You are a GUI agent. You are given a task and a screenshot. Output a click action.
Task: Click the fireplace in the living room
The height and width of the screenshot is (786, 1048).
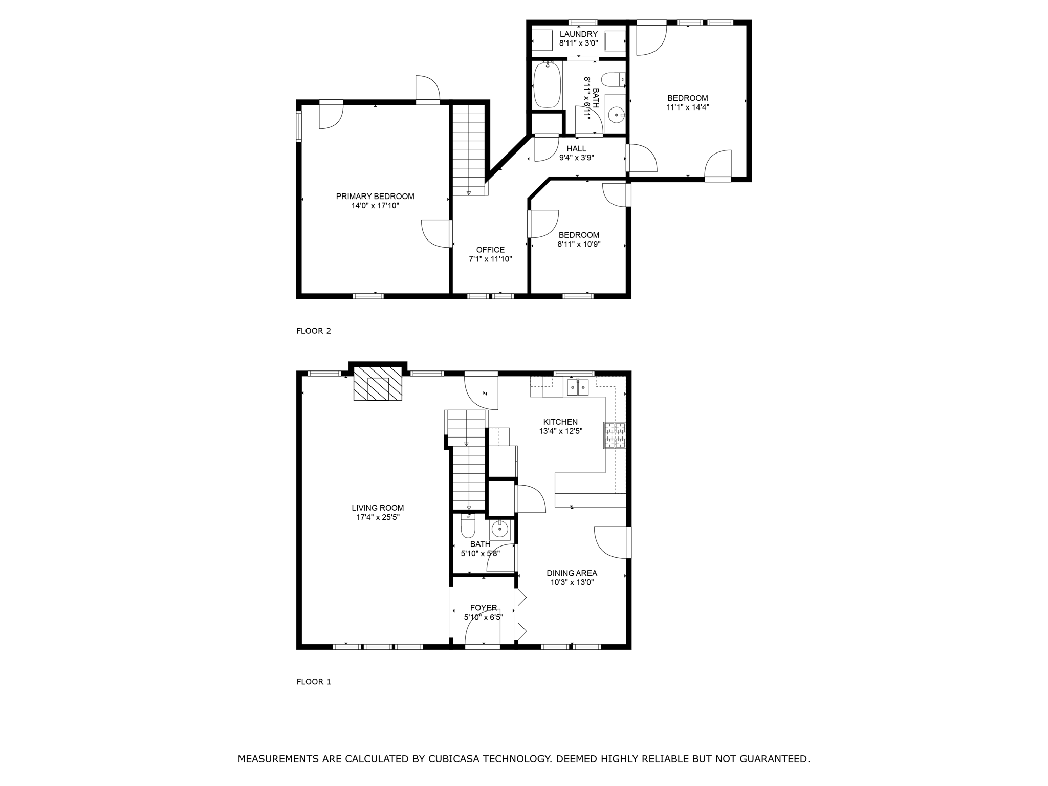[x=378, y=383]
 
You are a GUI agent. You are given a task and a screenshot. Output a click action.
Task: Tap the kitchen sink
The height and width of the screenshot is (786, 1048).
[x=578, y=387]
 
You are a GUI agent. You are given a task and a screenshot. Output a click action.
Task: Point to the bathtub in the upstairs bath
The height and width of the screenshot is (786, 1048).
[x=548, y=84]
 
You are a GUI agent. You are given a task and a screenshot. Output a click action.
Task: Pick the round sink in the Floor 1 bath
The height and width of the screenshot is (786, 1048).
[x=499, y=529]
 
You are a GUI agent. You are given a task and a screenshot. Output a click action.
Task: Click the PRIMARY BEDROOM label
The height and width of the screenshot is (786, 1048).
[x=375, y=196]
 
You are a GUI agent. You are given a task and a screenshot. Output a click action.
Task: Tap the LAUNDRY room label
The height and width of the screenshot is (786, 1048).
[x=578, y=34]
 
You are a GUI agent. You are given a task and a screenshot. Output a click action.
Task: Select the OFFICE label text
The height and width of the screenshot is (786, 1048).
[x=490, y=250]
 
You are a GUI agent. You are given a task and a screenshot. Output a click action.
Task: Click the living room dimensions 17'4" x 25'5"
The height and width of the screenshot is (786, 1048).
[x=378, y=517]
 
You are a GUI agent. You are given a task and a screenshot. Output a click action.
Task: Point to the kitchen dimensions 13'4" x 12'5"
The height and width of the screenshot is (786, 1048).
[x=560, y=431]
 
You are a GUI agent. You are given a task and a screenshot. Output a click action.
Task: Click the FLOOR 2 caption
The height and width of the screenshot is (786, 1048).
[x=314, y=331]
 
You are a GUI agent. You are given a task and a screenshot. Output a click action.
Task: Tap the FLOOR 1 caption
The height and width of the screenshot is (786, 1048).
[x=314, y=682]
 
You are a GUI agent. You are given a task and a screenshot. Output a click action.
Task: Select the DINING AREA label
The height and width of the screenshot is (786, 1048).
[x=572, y=573]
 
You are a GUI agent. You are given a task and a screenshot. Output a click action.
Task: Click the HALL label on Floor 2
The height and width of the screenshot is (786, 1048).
[x=576, y=149]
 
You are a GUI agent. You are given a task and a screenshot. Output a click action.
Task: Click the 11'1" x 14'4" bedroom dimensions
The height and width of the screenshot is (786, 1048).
[x=688, y=107]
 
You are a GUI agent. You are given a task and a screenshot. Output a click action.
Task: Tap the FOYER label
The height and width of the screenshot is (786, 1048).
[x=484, y=608]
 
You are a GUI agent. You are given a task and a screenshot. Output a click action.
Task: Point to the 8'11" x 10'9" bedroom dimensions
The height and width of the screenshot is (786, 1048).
[x=579, y=245]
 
